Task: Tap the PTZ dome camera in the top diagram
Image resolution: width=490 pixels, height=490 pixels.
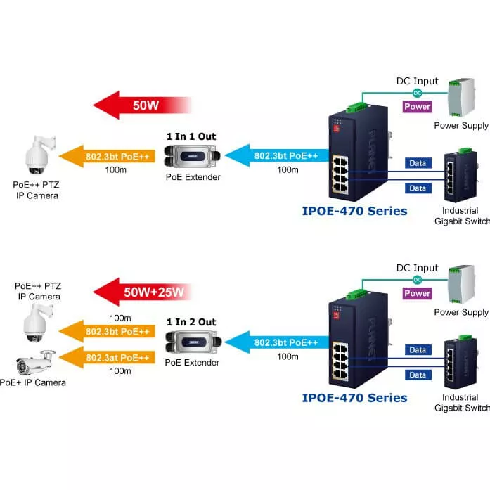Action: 35,157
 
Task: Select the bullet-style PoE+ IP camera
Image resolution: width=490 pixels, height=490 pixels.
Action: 34,362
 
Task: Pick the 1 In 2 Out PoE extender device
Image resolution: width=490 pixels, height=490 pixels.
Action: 192,341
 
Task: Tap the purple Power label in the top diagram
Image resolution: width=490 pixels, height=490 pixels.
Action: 417,107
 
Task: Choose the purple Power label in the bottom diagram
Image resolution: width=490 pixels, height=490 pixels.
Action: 417,293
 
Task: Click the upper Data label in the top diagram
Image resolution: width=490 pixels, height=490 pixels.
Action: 418,163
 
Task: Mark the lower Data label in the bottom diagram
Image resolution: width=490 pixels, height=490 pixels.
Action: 418,375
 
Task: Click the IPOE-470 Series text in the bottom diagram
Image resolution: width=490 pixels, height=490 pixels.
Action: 354,398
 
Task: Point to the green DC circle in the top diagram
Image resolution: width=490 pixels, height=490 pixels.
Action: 417,93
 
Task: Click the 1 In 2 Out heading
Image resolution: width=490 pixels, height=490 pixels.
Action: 191,322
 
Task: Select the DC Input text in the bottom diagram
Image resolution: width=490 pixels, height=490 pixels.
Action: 417,268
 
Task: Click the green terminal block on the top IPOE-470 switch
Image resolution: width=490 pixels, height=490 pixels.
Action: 356,108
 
